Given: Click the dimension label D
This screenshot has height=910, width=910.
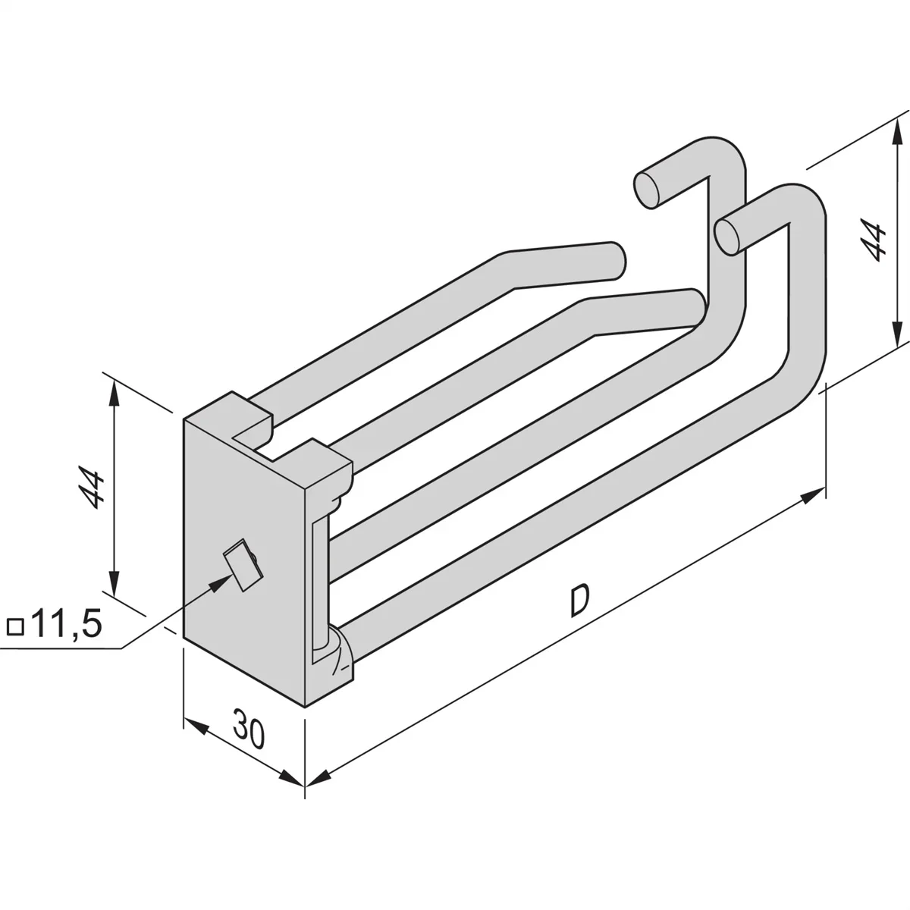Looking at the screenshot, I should click(x=579, y=601).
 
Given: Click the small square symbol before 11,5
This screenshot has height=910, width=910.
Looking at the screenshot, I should click(x=15, y=628).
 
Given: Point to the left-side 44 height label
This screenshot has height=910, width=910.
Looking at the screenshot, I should click(x=93, y=488).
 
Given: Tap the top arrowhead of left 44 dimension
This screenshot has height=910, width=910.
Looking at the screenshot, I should click(x=114, y=391).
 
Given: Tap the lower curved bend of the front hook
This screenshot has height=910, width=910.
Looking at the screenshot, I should click(x=796, y=379).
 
